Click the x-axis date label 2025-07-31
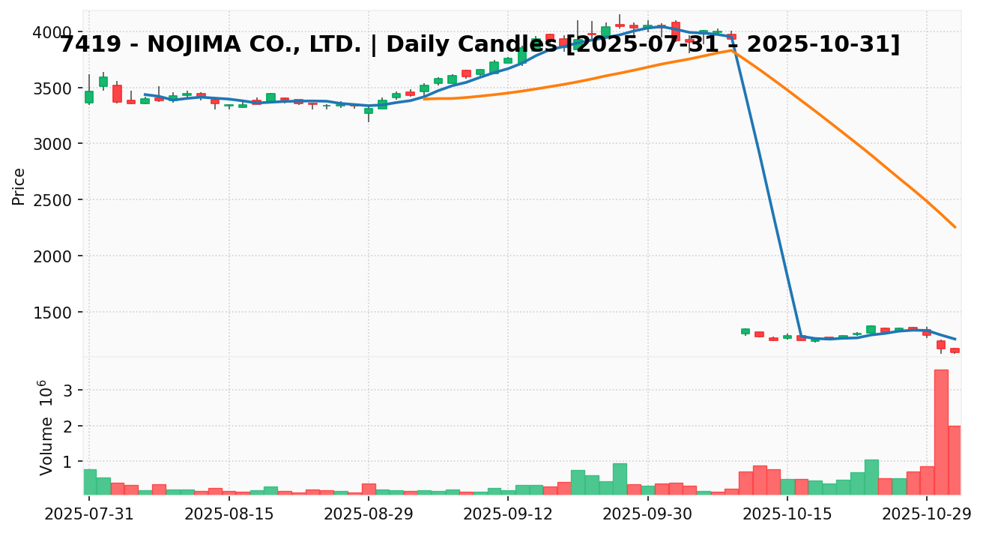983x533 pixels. tap(89, 515)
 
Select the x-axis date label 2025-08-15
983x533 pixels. tap(229, 515)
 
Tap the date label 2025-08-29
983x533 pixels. tap(369, 515)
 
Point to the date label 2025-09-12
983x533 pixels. tap(508, 515)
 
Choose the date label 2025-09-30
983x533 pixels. tap(648, 515)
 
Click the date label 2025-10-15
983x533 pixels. tap(787, 515)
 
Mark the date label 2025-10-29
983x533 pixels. tap(927, 515)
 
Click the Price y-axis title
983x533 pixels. tap(19, 186)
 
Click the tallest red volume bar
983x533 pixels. tap(941, 432)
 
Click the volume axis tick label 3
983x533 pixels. tap(67, 390)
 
